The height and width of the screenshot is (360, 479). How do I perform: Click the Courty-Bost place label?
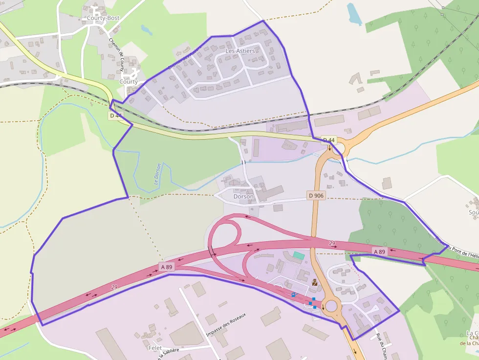pyautogui.click(x=103, y=18)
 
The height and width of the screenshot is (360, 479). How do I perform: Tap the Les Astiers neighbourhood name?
pyautogui.click(x=240, y=51)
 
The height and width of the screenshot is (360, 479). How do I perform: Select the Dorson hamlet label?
pyautogui.click(x=243, y=196)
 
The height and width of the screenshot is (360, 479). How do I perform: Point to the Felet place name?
pyautogui.click(x=154, y=348)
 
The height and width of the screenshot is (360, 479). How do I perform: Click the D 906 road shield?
pyautogui.click(x=316, y=195)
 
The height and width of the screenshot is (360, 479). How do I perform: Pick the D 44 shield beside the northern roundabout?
pyautogui.click(x=329, y=140)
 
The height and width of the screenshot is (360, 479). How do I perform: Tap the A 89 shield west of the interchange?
pyautogui.click(x=167, y=267)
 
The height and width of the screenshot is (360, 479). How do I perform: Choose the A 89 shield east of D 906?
pyautogui.click(x=379, y=252)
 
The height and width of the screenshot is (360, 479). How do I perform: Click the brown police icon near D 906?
pyautogui.click(x=315, y=282)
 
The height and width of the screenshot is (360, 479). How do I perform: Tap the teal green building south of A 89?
pyautogui.click(x=298, y=255)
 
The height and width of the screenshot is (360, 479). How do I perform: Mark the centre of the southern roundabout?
pyautogui.click(x=331, y=306)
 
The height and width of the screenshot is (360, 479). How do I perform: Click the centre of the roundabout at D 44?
pyautogui.click(x=337, y=148)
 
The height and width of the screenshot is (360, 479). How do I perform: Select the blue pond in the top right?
pyautogui.click(x=354, y=14)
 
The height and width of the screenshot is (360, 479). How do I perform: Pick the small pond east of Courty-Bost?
pyautogui.click(x=147, y=30)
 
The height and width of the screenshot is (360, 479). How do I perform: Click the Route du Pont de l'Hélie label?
pyautogui.click(x=457, y=247)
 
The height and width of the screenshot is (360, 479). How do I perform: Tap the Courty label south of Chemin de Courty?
pyautogui.click(x=129, y=82)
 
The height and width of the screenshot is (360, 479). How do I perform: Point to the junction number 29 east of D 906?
pyautogui.click(x=332, y=243)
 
